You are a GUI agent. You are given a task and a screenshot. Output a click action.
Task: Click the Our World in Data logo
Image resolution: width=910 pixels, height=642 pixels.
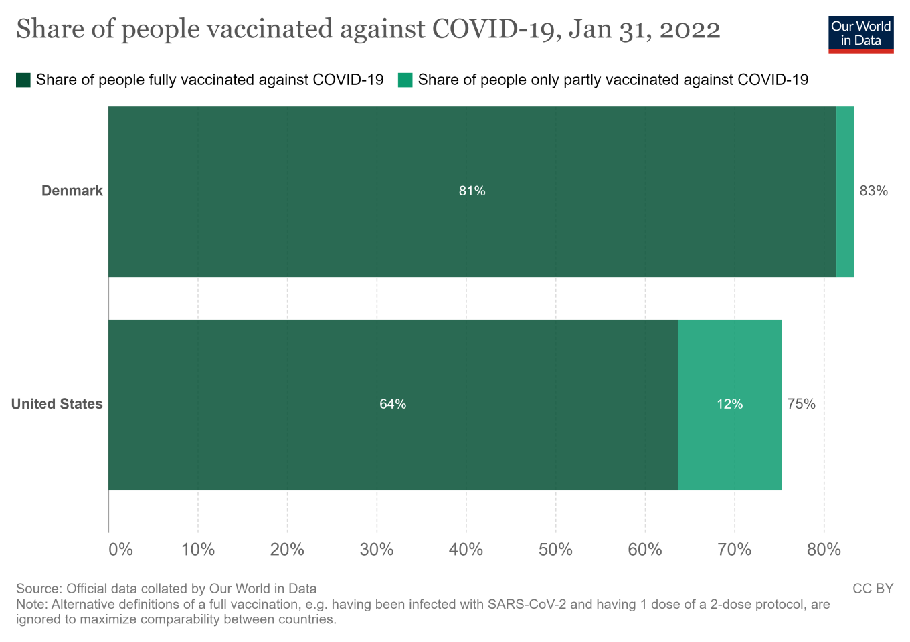(x=860, y=34)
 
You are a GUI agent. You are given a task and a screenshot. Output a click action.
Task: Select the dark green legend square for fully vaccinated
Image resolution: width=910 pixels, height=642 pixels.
(x=23, y=80)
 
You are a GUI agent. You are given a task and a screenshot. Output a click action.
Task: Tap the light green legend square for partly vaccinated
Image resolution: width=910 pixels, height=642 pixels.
(x=405, y=80)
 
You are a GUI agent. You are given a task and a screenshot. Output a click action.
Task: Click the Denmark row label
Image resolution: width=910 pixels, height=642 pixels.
(x=72, y=191)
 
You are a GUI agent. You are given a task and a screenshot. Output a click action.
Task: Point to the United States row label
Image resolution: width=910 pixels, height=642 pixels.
(x=57, y=404)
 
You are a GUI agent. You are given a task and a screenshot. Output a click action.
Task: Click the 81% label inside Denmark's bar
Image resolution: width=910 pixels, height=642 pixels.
(x=472, y=191)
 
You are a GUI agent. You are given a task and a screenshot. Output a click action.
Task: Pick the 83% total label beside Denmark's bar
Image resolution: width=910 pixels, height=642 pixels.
(x=873, y=191)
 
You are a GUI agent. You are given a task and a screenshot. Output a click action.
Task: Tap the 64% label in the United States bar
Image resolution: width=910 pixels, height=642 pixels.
(x=393, y=404)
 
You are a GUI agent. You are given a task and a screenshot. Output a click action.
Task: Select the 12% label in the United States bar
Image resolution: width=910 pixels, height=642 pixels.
(x=729, y=404)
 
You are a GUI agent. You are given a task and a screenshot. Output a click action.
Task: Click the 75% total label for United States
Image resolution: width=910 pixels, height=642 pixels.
(x=801, y=404)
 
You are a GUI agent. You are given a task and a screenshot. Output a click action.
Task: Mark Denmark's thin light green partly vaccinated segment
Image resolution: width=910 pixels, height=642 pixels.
(x=845, y=191)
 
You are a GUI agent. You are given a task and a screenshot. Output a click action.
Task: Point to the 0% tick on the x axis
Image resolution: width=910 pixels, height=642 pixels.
(x=121, y=550)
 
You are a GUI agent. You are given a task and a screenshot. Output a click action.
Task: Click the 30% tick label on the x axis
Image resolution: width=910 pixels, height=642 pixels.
(x=377, y=550)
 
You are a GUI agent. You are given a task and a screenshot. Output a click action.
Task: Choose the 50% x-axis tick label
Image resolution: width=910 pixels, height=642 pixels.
(x=555, y=550)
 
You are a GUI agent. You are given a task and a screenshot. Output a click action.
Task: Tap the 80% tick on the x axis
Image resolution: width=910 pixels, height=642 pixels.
(x=824, y=550)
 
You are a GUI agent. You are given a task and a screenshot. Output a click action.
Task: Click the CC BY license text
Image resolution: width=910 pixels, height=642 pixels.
(x=873, y=588)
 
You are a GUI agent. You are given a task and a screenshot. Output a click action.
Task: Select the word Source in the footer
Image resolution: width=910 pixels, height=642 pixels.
(x=37, y=588)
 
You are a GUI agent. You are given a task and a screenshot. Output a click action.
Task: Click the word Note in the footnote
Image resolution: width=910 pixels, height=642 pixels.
(x=31, y=604)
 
